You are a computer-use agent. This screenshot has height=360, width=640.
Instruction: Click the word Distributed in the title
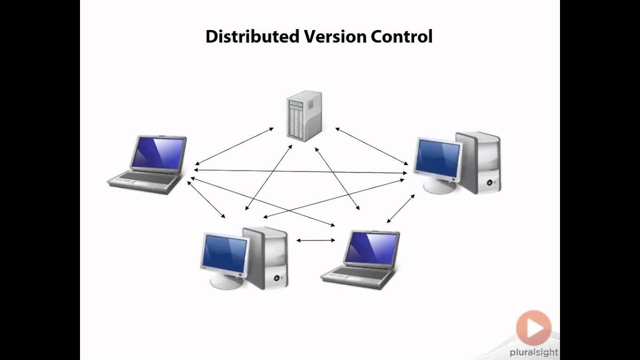252,37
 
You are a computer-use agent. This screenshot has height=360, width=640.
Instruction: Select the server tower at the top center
303,115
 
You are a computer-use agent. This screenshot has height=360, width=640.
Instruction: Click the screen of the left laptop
157,153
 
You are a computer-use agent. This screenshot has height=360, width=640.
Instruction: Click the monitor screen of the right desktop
438,158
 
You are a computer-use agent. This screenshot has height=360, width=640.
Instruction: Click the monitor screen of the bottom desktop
224,253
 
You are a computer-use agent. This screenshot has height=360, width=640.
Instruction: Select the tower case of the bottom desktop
267,257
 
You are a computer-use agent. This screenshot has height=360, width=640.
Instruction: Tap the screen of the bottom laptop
371,248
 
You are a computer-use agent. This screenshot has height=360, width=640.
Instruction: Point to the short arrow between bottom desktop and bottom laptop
315,240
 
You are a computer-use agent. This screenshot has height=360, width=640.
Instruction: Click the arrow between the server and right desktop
371,146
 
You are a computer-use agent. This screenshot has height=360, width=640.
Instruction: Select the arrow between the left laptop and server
234,146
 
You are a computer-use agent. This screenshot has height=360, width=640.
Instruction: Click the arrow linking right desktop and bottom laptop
400,209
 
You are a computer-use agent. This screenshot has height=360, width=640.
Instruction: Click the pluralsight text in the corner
533,352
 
